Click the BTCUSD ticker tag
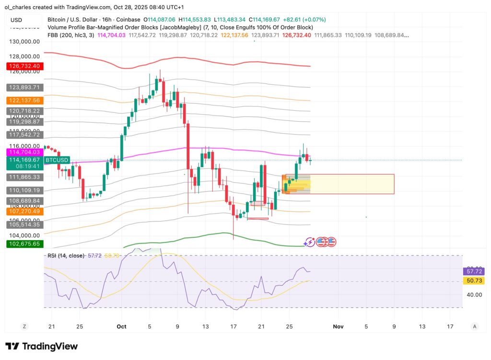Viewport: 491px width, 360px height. (57, 160)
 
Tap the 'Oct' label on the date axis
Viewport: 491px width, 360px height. (121, 326)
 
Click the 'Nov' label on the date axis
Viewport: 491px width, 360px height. (338, 326)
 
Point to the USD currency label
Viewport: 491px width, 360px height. (17, 20)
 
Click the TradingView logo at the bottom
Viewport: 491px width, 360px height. (41, 346)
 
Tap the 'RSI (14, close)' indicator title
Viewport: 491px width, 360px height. (66, 255)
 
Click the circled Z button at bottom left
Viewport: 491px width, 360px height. (24, 326)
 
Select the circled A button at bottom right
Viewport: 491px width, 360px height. (475, 326)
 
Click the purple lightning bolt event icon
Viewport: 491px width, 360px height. (310, 242)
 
